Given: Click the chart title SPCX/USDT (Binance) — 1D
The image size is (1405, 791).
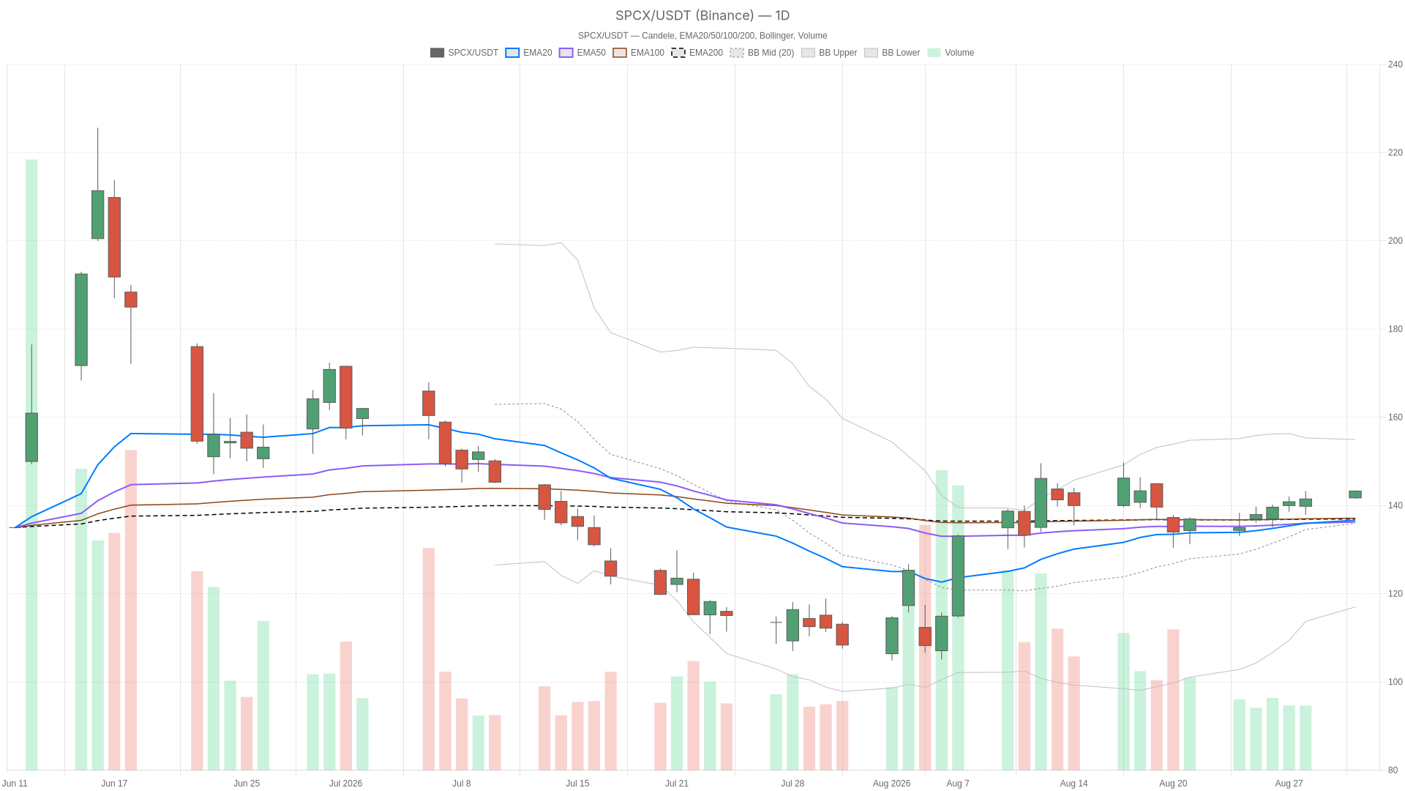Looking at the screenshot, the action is [702, 15].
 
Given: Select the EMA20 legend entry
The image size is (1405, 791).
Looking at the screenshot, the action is [528, 53].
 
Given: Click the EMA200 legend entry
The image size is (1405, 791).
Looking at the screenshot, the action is [697, 53].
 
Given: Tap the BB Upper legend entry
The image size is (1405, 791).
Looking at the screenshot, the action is [829, 53].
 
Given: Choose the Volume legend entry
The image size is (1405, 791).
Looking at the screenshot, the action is [951, 53].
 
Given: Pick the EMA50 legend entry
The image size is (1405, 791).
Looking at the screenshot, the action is [582, 53].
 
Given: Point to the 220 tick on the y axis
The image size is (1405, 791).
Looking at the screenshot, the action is [1395, 153].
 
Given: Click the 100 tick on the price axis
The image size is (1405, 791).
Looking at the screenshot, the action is [1395, 682].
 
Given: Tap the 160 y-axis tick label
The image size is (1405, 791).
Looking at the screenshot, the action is [1395, 417].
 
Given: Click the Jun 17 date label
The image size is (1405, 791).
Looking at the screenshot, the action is [114, 784].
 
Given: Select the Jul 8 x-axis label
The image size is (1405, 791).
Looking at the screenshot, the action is [462, 784].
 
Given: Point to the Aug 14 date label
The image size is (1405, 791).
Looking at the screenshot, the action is [1074, 784].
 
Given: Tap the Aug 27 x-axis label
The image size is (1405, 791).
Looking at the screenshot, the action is [1289, 784].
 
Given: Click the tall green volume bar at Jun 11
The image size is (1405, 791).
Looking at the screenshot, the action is [31, 464].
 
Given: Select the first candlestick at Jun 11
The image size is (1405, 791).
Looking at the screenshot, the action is [31, 437].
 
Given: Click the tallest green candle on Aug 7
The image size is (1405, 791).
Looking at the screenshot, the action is [958, 576].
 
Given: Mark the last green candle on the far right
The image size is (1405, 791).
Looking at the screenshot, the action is [1355, 494].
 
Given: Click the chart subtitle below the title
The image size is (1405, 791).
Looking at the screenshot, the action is [702, 36].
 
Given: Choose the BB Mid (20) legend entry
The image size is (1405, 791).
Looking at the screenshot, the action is [762, 53].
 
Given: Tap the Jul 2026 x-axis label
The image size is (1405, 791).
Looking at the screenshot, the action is [345, 784].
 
